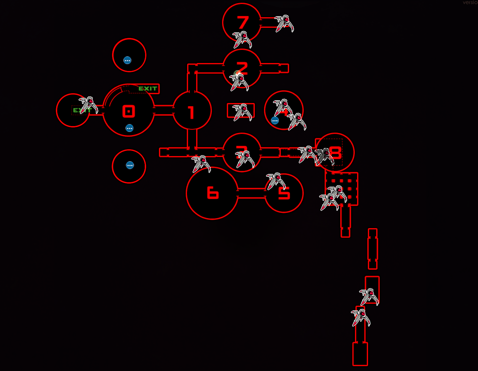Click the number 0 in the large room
129,111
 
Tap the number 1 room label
191,112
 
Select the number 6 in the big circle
213,193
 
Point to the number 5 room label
284,193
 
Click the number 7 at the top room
243,22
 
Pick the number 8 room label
335,152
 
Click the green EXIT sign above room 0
148,89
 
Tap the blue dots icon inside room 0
130,128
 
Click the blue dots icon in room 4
275,121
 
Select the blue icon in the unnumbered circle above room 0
127,60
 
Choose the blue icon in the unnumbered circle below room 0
130,165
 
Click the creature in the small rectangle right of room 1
242,112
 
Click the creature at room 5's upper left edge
276,181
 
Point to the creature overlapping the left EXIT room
89,105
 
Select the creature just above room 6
201,163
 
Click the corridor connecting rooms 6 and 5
251,193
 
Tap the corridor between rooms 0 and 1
163,110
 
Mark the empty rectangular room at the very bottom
360,354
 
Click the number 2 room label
243,68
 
